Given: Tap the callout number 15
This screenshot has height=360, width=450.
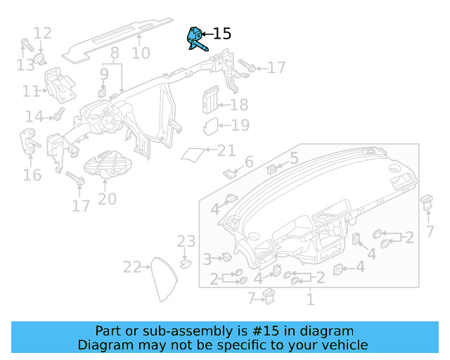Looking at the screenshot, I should [x=221, y=34].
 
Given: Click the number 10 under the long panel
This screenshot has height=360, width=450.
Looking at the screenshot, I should [x=141, y=53].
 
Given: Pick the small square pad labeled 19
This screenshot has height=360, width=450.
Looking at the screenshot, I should [x=211, y=127].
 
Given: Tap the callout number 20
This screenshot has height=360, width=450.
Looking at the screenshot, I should [x=107, y=199].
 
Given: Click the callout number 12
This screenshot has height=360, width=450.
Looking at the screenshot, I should [x=42, y=32].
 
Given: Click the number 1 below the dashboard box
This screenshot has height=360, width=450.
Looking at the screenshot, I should [x=309, y=300].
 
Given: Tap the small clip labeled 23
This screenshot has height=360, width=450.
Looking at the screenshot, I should [x=186, y=264].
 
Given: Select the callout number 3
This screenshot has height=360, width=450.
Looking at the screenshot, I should [x=207, y=259].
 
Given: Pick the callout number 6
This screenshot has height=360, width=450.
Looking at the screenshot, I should [x=248, y=163].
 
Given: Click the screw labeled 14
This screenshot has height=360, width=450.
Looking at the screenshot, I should [x=58, y=114].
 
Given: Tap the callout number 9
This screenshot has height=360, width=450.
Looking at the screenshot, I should [x=104, y=73].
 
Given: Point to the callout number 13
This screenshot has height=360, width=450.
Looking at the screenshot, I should [x=25, y=65].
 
